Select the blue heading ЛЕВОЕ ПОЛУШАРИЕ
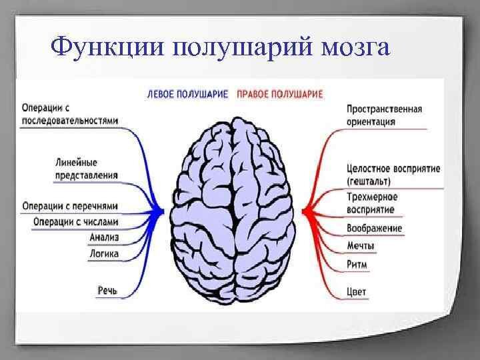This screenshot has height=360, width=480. [188, 95]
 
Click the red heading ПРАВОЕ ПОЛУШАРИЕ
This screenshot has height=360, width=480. [280, 95]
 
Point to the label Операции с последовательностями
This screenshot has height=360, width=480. [70, 115]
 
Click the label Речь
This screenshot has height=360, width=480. [107, 291]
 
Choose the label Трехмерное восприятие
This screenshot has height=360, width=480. [372, 203]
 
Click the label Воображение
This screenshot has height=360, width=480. [375, 229]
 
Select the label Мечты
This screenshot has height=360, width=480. [361, 247]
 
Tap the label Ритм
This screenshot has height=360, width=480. [357, 265]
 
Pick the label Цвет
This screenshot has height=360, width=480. [357, 292]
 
